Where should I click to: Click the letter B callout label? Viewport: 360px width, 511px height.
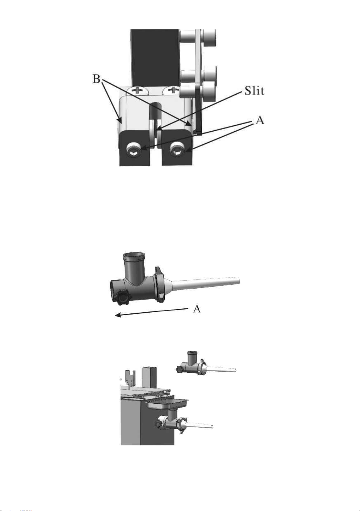[96, 79]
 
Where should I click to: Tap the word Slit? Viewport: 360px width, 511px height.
[254, 91]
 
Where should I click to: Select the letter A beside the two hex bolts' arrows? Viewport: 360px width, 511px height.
[260, 120]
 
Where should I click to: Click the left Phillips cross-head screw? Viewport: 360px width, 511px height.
[138, 90]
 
